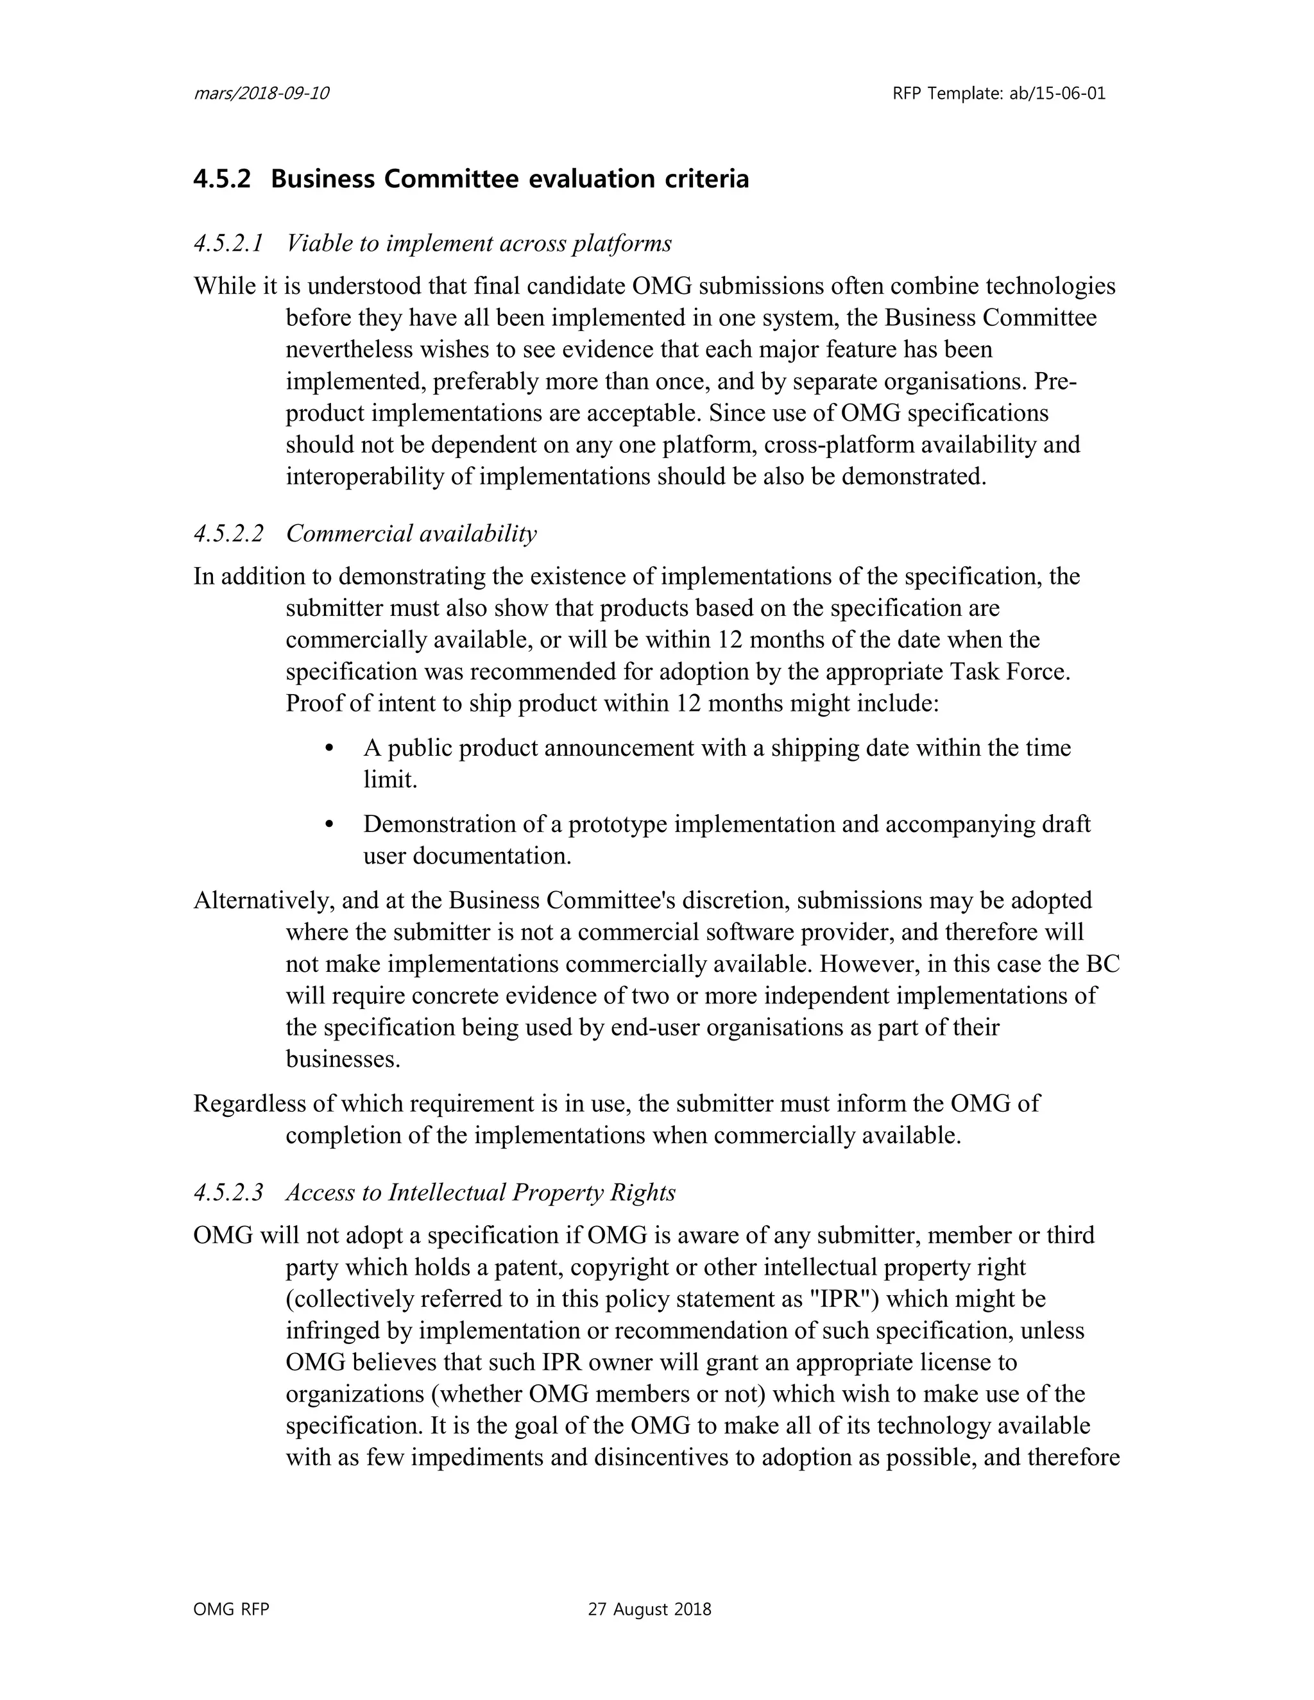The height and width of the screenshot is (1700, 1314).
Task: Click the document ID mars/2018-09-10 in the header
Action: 260,94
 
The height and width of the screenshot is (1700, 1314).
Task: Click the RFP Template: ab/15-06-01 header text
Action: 999,94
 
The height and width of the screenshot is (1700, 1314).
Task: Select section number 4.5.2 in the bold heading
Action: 222,179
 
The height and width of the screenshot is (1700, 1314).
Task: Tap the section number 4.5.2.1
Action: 228,244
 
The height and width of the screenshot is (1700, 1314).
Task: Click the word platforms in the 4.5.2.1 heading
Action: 621,244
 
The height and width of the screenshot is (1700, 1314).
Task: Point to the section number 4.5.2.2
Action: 228,534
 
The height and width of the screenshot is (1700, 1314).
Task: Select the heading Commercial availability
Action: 411,534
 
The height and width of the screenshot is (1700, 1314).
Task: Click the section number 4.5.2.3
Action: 228,1193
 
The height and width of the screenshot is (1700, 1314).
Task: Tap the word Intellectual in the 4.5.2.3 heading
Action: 446,1193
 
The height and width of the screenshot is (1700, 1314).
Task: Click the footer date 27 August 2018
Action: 649,1610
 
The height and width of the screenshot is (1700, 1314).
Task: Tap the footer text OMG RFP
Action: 231,1610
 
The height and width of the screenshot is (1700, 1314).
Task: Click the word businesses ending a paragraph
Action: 343,1059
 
